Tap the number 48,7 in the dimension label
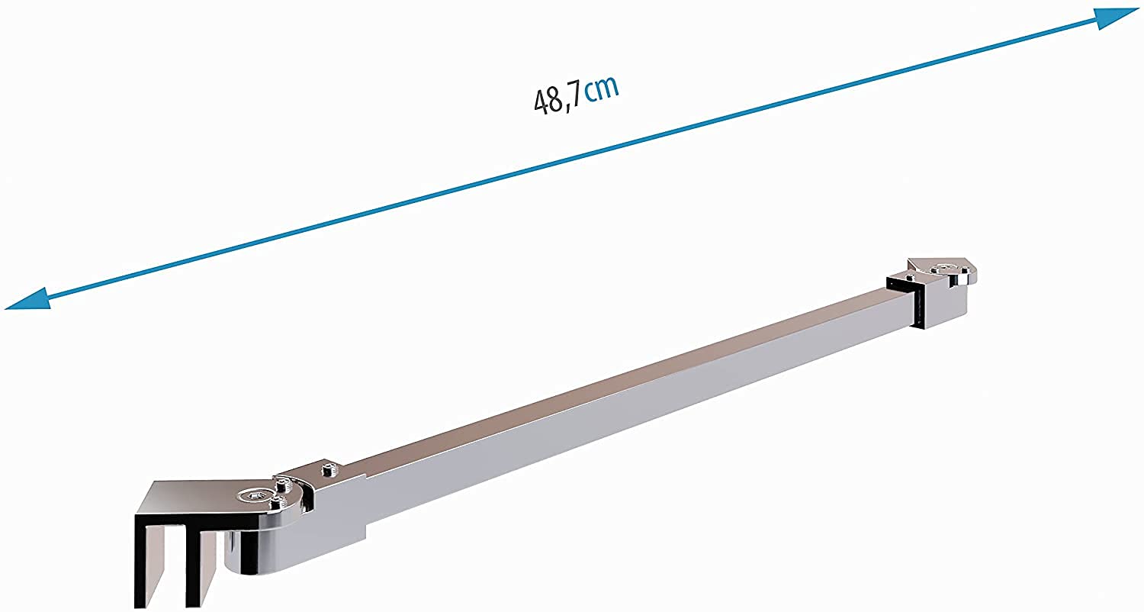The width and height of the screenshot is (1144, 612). pos(557,100)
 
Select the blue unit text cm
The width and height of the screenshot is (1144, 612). pos(602,90)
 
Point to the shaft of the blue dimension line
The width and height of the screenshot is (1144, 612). pos(572,159)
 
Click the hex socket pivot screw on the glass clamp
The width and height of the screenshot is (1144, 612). pos(254,494)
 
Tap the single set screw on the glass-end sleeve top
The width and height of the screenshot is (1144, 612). pos(329,469)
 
